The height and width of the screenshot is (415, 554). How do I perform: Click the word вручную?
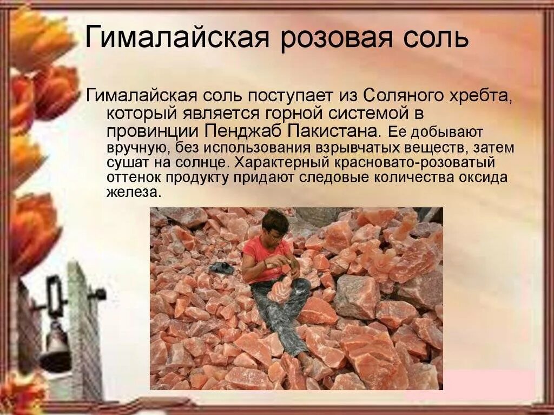[x=132, y=148]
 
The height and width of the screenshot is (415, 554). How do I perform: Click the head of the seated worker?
[x=275, y=225]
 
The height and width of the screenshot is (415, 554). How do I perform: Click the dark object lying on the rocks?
[x=222, y=268]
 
